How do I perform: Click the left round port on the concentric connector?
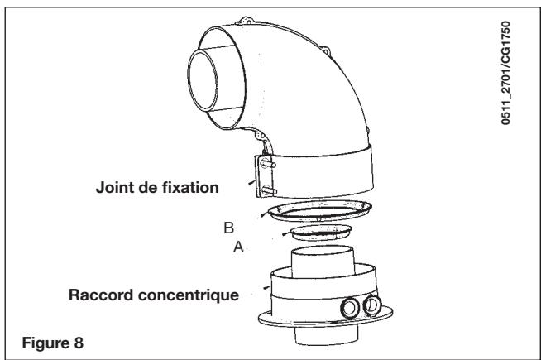tap(350, 308)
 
